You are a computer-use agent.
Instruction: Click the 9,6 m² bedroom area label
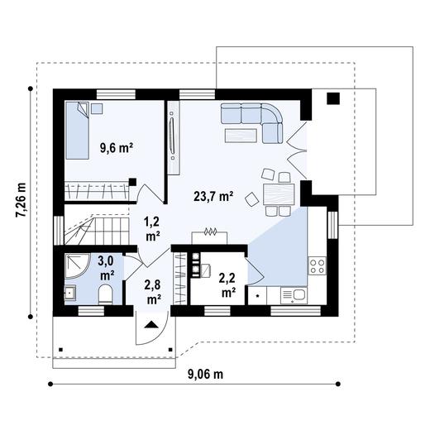(117, 148)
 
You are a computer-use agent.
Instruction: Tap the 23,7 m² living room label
(213, 197)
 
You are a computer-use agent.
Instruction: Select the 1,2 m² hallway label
(152, 228)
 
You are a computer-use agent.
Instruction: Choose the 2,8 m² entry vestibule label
(153, 292)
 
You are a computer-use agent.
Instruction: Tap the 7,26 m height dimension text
(21, 202)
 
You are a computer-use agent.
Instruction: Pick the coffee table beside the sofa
(241, 134)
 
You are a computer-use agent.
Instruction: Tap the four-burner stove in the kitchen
(316, 265)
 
